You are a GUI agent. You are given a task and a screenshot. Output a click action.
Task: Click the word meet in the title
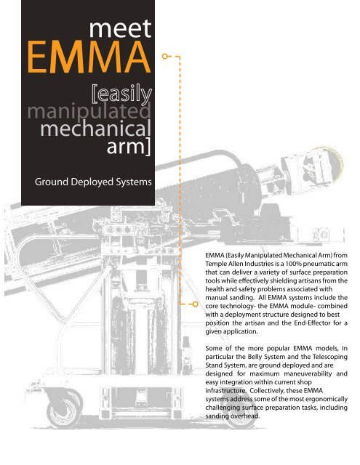tap(118, 28)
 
